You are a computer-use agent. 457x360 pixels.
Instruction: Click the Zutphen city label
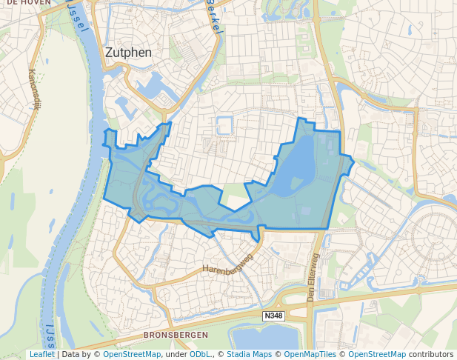tap(128, 53)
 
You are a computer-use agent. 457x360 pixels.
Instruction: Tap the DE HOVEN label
tap(26, 3)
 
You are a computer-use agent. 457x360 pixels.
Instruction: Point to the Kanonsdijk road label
tap(33, 89)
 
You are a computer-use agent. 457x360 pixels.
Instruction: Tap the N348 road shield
tap(273, 316)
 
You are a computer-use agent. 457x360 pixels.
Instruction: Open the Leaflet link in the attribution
tap(41, 355)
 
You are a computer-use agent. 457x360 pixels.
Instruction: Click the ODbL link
tap(200, 355)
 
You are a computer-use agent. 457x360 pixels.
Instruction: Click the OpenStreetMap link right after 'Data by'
tap(132, 355)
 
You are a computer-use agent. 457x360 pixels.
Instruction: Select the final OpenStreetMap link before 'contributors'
tap(377, 355)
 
